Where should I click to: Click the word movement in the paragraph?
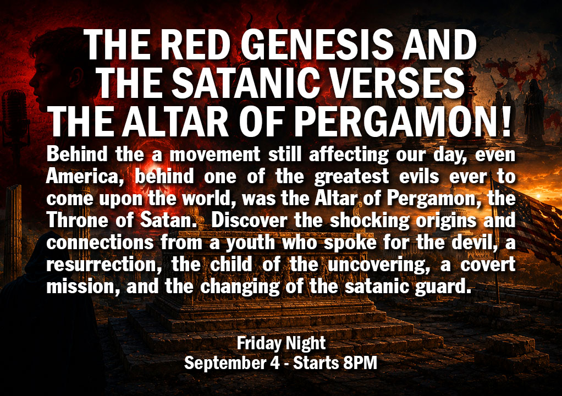pos(214,155)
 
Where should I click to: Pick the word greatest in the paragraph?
pos(351,177)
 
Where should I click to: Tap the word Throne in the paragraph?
pos(77,221)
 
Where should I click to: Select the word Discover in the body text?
pos(249,221)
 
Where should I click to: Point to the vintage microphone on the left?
pos(14,115)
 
